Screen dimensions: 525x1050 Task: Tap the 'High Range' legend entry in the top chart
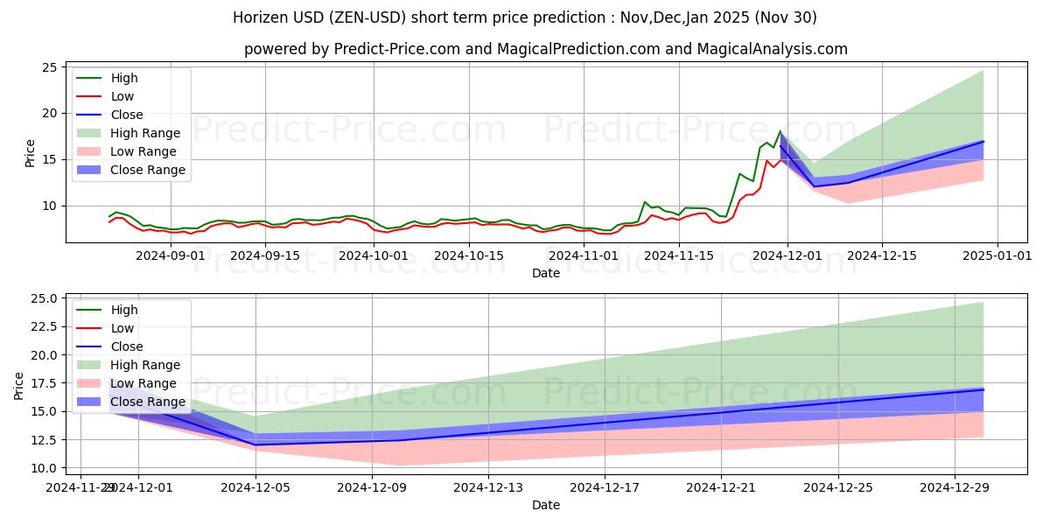pos(145,133)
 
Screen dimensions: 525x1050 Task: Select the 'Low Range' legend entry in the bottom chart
pos(143,383)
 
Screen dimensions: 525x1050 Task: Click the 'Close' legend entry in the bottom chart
pos(127,346)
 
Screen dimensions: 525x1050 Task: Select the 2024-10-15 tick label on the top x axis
pos(469,255)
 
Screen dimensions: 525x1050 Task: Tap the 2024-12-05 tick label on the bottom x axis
pos(255,487)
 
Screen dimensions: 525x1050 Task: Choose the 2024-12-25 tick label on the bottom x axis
pos(837,487)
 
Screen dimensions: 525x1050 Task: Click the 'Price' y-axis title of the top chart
pos(31,152)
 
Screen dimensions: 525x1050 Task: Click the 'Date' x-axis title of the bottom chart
pos(546,505)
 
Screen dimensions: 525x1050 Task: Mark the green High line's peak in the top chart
pos(780,131)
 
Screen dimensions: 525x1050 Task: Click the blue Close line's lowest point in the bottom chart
pos(255,444)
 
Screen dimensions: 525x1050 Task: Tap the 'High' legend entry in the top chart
pos(124,78)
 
